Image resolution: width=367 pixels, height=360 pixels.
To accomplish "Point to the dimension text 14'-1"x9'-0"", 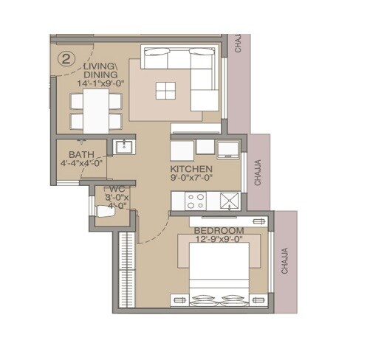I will pyautogui.click(x=100, y=84).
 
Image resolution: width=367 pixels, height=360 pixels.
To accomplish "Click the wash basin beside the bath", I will pyautogui.click(x=123, y=147).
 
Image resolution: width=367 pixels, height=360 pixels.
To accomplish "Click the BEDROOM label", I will pyautogui.click(x=220, y=231).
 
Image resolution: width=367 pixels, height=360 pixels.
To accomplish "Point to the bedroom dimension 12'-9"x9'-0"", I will pyautogui.click(x=220, y=240).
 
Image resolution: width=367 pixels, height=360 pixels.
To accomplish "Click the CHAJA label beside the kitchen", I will pyautogui.click(x=257, y=173).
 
